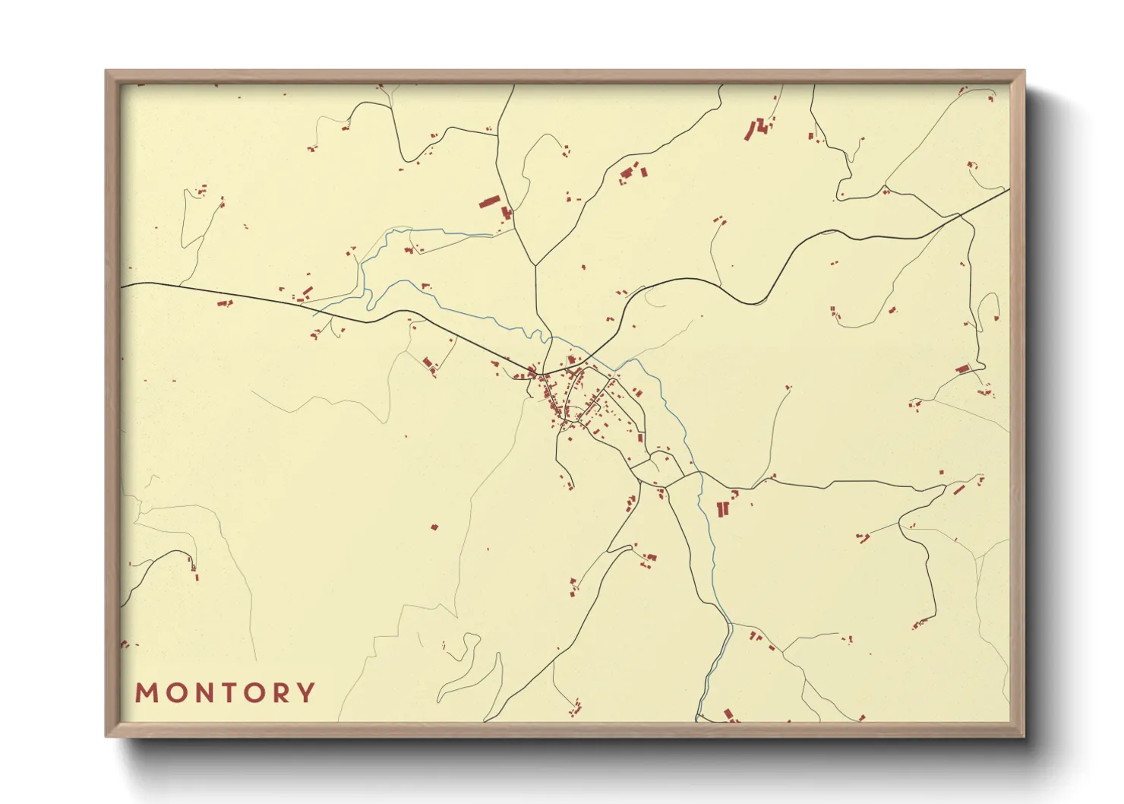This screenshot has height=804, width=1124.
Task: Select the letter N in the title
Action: (205, 693)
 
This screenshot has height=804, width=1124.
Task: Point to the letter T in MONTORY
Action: (230, 693)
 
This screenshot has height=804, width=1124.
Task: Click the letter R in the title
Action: (283, 693)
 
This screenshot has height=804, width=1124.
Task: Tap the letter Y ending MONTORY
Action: (306, 693)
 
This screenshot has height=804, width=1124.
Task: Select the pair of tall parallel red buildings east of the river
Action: (721, 509)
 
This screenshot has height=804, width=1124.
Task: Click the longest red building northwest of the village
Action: (489, 201)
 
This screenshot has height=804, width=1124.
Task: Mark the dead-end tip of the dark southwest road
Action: (192, 565)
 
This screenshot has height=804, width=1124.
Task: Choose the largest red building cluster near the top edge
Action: (757, 128)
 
